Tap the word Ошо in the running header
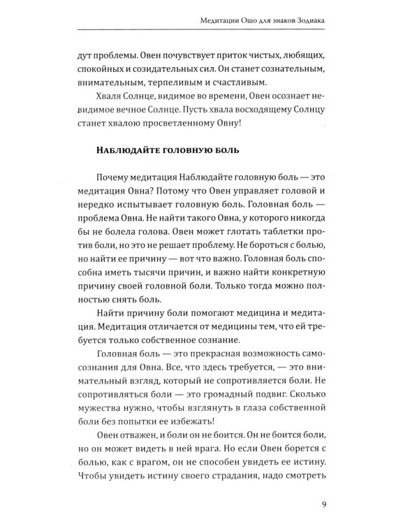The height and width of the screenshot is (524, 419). pyautogui.click(x=240, y=21)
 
